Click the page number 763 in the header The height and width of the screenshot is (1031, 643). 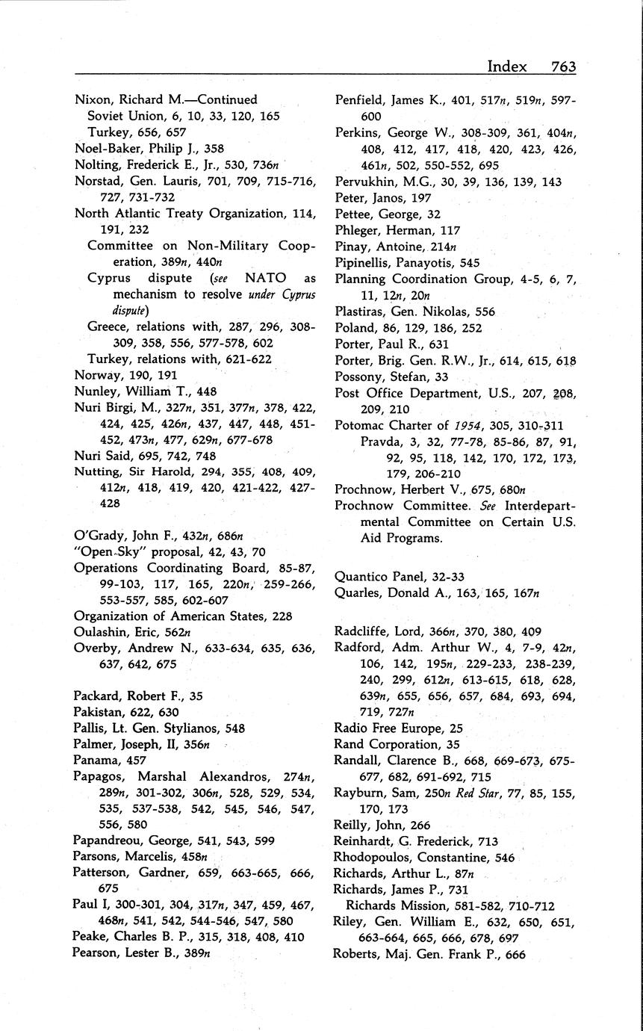[563, 66]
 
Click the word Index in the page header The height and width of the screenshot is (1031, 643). [507, 66]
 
